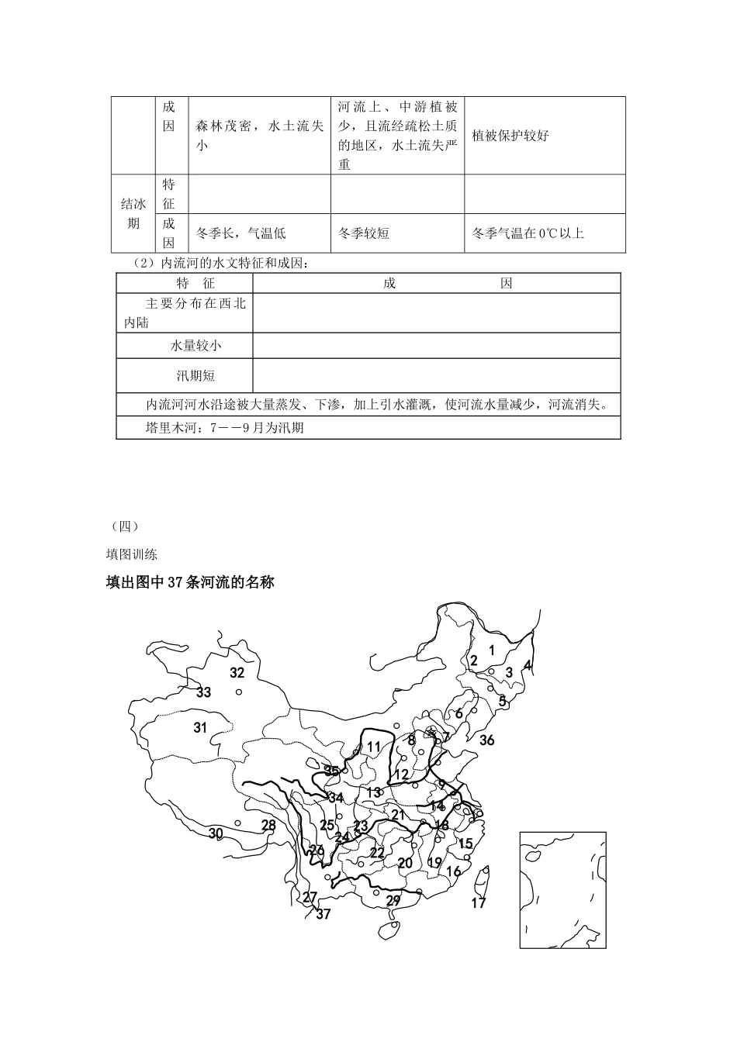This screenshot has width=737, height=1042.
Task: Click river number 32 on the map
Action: coord(237,673)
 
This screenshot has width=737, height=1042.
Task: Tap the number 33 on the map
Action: coord(203,692)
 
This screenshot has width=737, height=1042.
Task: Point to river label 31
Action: coord(200,727)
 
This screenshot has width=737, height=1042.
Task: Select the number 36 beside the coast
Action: coord(486,740)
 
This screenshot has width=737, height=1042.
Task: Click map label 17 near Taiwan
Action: coord(479,902)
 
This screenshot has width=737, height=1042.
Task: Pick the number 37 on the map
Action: coord(324,914)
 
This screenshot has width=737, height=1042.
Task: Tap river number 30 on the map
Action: coord(216,833)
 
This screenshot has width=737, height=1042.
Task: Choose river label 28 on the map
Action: coord(268,825)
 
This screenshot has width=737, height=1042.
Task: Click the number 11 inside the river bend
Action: coord(374,747)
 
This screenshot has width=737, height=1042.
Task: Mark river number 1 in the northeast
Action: coord(491,650)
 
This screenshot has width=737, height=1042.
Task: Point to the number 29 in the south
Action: coord(393,900)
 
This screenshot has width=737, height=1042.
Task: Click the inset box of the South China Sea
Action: coord(562,890)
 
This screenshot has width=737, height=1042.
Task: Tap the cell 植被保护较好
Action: coord(510,136)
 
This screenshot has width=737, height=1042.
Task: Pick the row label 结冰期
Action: coord(133,213)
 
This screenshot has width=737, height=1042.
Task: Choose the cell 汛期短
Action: coord(195,376)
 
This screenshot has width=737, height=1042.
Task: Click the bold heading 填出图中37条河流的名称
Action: coord(190,582)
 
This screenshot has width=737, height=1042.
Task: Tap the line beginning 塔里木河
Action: coord(224,427)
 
